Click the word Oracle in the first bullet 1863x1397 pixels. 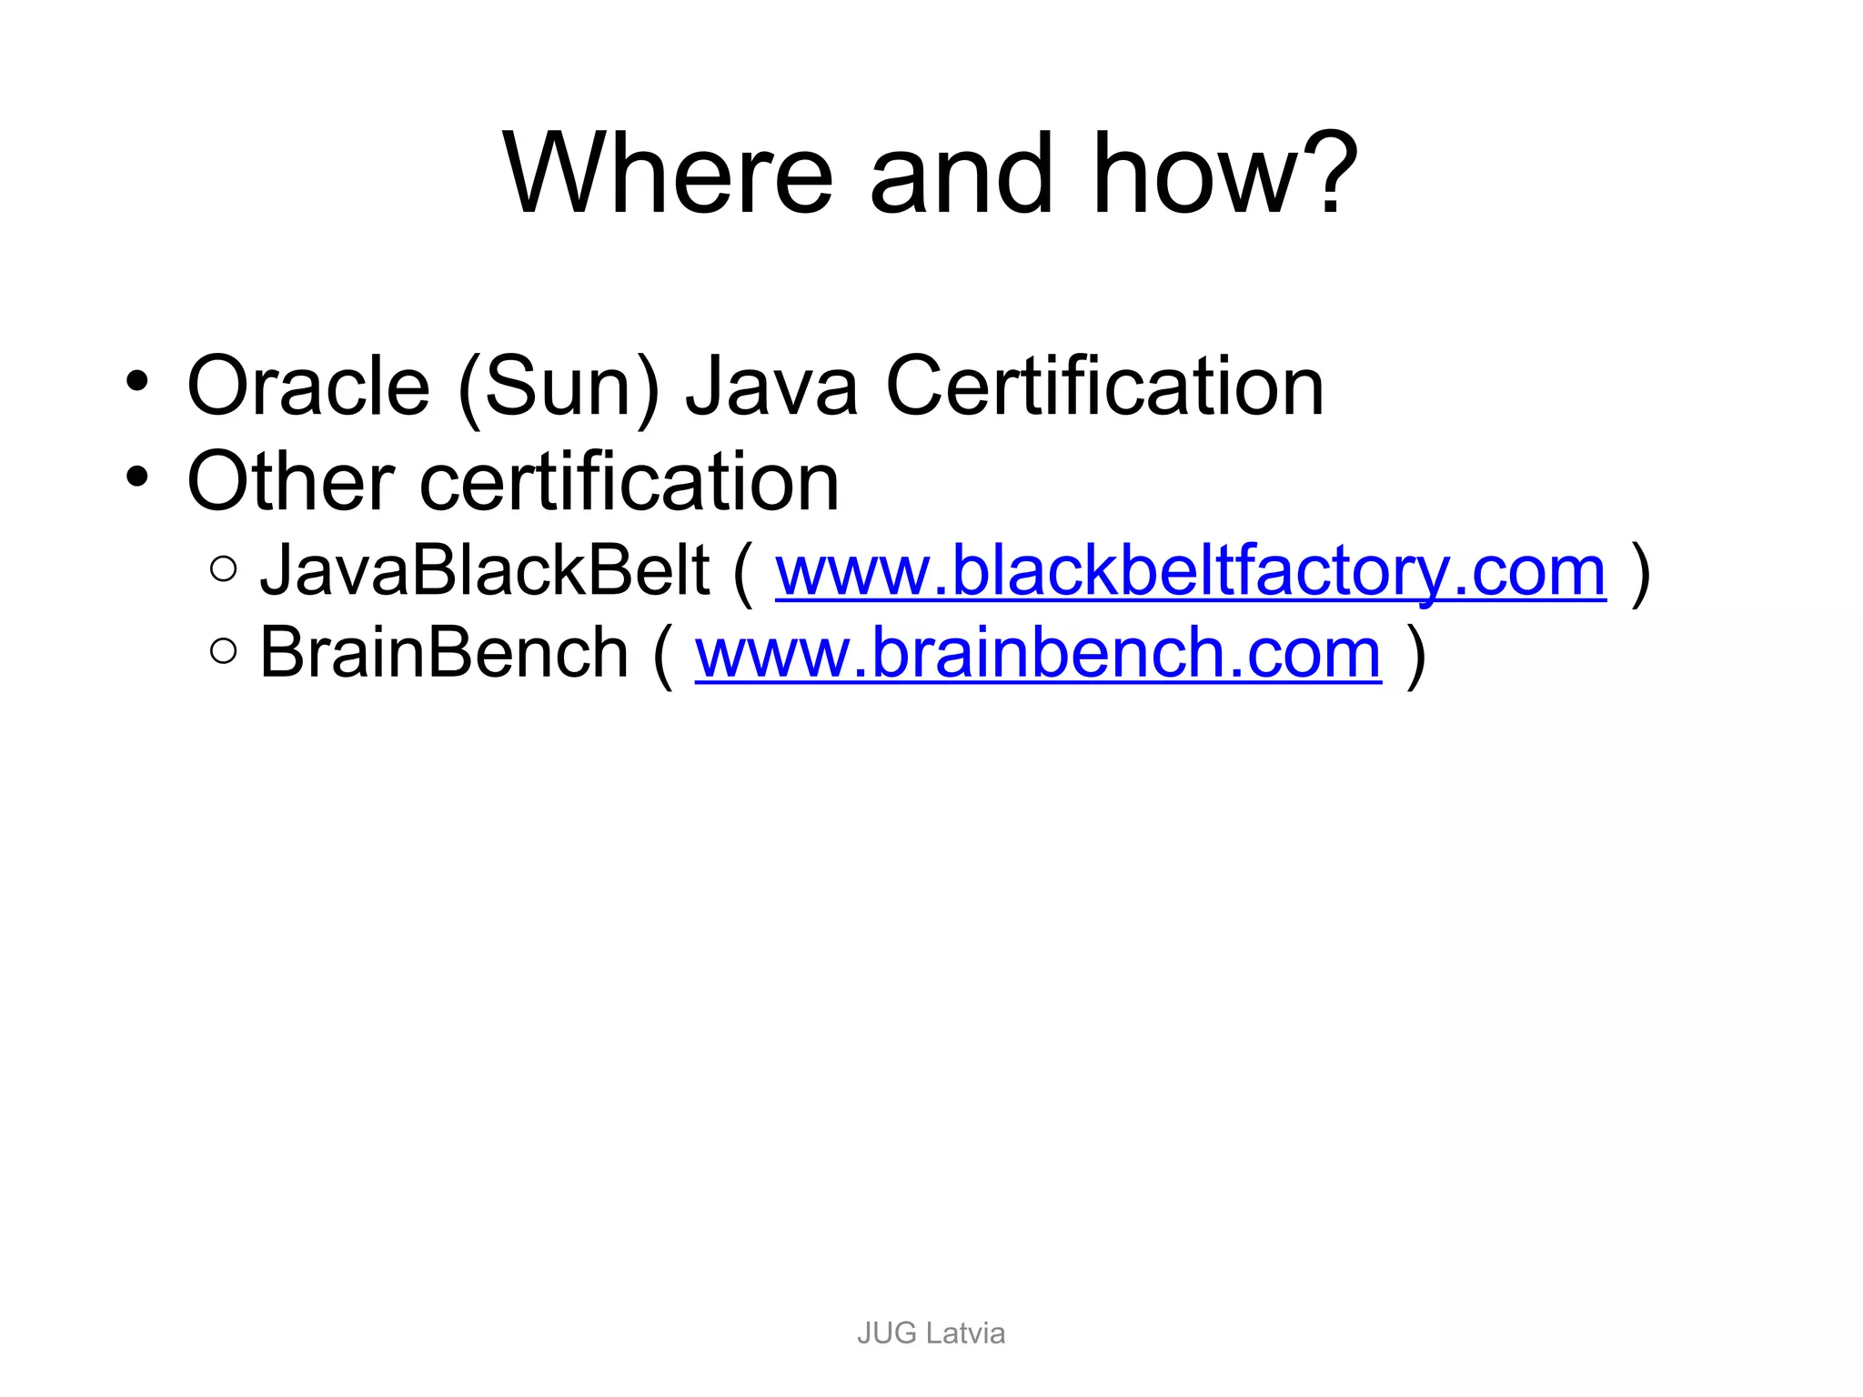308,387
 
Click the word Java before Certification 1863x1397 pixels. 771,387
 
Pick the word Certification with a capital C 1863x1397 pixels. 1104,387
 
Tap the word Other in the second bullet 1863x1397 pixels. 290,481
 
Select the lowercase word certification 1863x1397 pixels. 629,481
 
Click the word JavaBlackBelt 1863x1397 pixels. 484,571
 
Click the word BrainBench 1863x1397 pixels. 444,652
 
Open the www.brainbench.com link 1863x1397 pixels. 1038,653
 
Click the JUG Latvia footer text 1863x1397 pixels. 931,1333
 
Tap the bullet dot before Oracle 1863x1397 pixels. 136,382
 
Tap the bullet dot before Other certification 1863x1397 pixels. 136,476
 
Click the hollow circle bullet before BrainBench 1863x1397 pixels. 223,650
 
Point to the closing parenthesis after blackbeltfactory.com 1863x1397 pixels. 1640,573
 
